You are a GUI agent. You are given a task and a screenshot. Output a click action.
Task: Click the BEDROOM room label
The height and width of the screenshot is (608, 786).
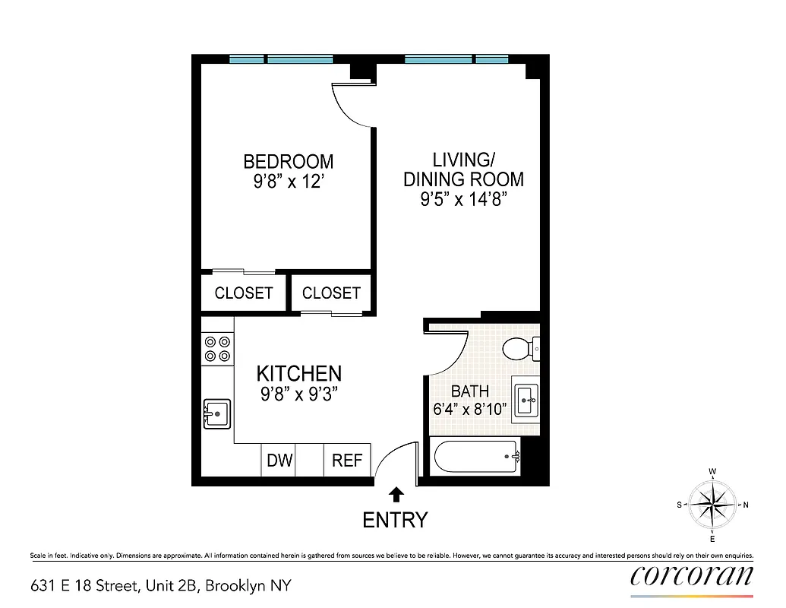click(288, 162)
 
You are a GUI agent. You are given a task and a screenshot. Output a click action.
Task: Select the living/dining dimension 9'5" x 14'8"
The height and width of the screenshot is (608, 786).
click(463, 200)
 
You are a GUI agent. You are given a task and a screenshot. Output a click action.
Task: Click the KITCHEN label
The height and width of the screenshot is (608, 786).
click(298, 374)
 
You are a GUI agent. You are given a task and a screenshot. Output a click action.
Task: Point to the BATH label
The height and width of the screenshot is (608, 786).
click(469, 391)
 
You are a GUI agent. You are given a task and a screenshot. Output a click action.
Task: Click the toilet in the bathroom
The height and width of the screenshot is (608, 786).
click(521, 348)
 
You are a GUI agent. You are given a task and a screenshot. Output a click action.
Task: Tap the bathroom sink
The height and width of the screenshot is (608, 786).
click(526, 397)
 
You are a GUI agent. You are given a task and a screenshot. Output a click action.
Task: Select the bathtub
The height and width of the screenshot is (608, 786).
click(475, 458)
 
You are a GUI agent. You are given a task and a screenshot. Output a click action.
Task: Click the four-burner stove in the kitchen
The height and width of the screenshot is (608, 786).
click(217, 348)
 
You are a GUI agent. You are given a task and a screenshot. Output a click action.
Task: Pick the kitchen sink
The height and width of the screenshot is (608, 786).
click(217, 414)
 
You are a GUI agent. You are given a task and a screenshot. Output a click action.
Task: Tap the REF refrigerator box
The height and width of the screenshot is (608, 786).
click(348, 461)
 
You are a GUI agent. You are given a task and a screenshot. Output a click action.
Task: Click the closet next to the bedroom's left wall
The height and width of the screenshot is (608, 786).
click(243, 293)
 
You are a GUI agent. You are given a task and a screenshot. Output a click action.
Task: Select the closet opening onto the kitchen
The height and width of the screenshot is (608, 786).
click(331, 293)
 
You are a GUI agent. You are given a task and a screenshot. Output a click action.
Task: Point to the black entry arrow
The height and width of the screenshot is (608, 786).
click(396, 496)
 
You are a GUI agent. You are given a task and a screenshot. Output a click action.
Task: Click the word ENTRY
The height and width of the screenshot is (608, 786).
click(395, 520)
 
